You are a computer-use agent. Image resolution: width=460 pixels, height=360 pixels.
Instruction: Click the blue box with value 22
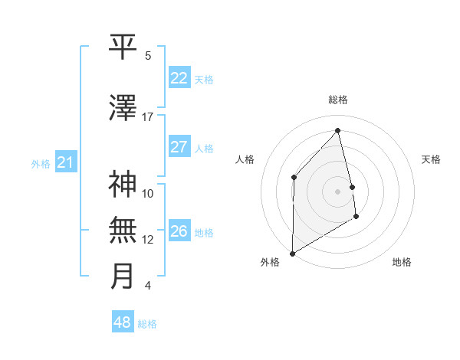click(179, 78)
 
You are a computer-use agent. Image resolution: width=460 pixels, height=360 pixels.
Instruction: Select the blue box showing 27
click(179, 147)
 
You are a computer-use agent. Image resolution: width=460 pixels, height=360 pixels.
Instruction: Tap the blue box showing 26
click(179, 231)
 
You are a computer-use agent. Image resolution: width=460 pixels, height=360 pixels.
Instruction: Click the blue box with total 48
click(123, 322)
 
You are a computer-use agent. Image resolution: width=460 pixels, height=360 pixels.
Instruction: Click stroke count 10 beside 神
click(148, 193)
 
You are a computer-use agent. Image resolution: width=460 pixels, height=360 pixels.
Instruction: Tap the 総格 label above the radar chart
click(338, 100)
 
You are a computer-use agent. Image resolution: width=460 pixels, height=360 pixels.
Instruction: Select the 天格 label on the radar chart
click(431, 159)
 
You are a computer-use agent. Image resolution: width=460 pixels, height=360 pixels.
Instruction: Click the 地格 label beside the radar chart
click(402, 262)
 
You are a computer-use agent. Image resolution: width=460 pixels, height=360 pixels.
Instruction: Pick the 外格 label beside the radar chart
click(270, 262)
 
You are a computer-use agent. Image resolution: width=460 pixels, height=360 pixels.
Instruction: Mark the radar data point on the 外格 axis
click(292, 253)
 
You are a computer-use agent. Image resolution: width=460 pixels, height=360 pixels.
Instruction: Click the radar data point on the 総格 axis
click(338, 131)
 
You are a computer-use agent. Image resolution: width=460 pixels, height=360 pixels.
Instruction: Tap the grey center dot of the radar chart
click(338, 191)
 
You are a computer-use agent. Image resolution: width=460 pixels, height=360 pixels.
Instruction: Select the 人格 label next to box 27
click(204, 148)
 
